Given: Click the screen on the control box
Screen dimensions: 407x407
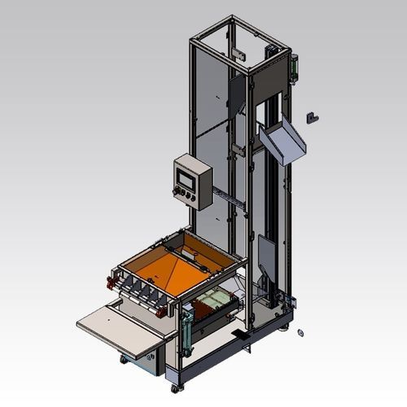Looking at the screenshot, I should (x=187, y=174).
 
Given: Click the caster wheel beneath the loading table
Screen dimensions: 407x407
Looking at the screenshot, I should (x=124, y=359).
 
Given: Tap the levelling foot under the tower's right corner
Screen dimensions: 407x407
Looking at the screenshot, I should (x=285, y=329).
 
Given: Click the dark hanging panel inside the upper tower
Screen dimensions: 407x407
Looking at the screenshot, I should (x=235, y=98).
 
